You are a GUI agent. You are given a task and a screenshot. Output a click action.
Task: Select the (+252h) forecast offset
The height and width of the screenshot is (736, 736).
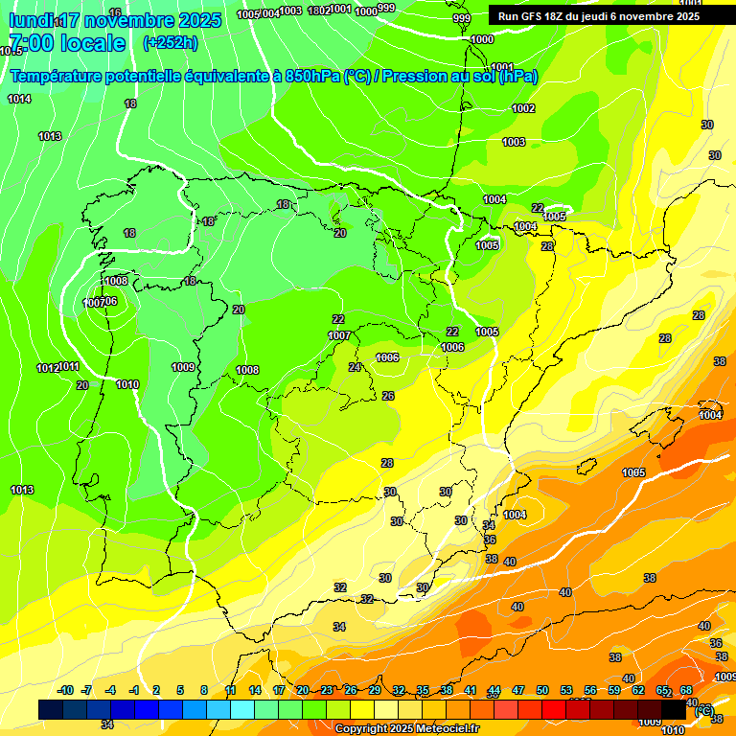(x=171, y=43)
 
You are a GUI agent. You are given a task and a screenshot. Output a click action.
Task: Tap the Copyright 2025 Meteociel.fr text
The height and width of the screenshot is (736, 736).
(x=407, y=728)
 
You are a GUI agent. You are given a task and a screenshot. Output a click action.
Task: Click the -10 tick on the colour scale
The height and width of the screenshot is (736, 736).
(x=65, y=690)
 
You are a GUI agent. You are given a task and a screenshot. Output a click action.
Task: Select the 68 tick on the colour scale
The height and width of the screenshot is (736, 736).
(x=686, y=690)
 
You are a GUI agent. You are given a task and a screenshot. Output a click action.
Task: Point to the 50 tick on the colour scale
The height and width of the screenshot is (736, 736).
(x=542, y=690)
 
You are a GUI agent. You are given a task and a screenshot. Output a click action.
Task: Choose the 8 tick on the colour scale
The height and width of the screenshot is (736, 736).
(x=204, y=690)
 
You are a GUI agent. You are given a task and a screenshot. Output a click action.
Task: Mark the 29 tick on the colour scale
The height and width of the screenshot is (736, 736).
(x=375, y=690)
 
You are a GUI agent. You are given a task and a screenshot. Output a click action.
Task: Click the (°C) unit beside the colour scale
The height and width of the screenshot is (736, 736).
(x=703, y=709)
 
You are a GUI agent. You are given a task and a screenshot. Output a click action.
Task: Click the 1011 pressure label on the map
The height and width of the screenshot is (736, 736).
(x=69, y=367)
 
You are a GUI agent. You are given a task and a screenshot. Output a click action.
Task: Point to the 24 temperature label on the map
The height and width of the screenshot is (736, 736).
(x=355, y=368)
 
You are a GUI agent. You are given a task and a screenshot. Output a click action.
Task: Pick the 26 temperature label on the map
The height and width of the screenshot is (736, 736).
(x=388, y=396)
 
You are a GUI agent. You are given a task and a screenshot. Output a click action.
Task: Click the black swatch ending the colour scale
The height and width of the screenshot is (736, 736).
(x=675, y=709)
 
